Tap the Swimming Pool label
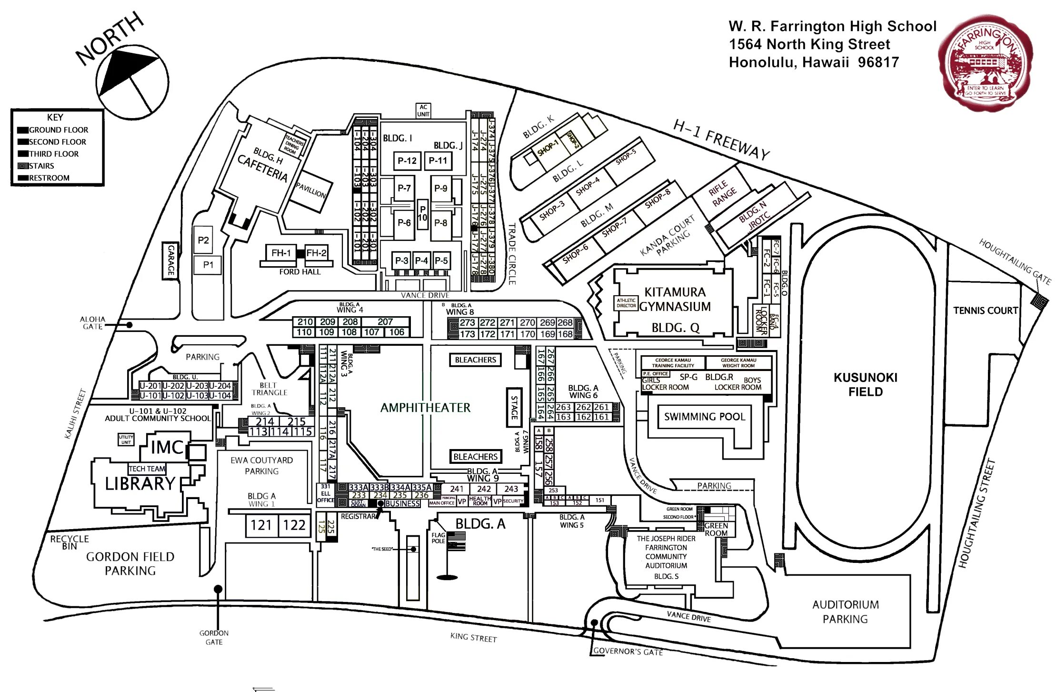(x=704, y=417)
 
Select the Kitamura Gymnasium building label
(x=675, y=299)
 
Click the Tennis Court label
(x=985, y=311)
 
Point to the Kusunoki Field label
(x=865, y=384)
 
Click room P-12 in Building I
(x=407, y=161)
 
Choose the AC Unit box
(x=423, y=110)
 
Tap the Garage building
(x=170, y=260)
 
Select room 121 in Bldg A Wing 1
(x=261, y=525)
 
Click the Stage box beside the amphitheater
(x=514, y=407)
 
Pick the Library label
(x=140, y=484)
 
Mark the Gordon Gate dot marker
(x=218, y=589)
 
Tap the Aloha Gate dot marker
(x=129, y=325)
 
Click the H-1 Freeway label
(x=721, y=140)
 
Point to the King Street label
(x=473, y=637)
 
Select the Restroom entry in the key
(x=50, y=178)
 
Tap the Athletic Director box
(x=626, y=303)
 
